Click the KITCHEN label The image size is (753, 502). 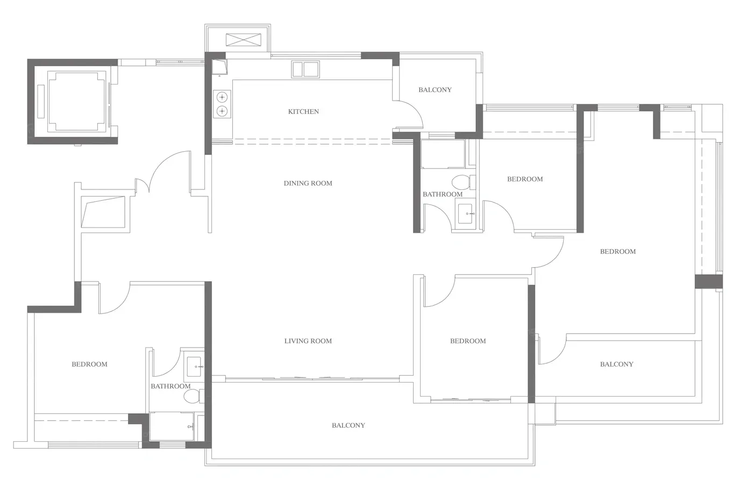(x=303, y=111)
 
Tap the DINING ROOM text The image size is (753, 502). (x=308, y=183)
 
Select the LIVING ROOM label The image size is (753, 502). (x=308, y=341)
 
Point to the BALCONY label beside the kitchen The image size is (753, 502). (x=435, y=90)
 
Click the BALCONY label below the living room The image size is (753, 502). (x=349, y=426)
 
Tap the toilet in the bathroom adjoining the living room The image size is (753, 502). (x=194, y=396)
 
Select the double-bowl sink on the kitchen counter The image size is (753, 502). (x=306, y=69)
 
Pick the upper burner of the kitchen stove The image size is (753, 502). (x=222, y=97)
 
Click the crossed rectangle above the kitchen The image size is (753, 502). (x=243, y=40)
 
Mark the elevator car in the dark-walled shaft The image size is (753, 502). (x=77, y=101)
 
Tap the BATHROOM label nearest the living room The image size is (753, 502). (x=171, y=386)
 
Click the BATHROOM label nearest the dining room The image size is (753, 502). (x=442, y=194)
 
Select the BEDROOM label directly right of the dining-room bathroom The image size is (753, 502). (x=525, y=179)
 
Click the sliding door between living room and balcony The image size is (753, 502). (x=312, y=379)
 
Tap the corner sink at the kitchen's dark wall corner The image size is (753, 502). (x=219, y=67)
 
